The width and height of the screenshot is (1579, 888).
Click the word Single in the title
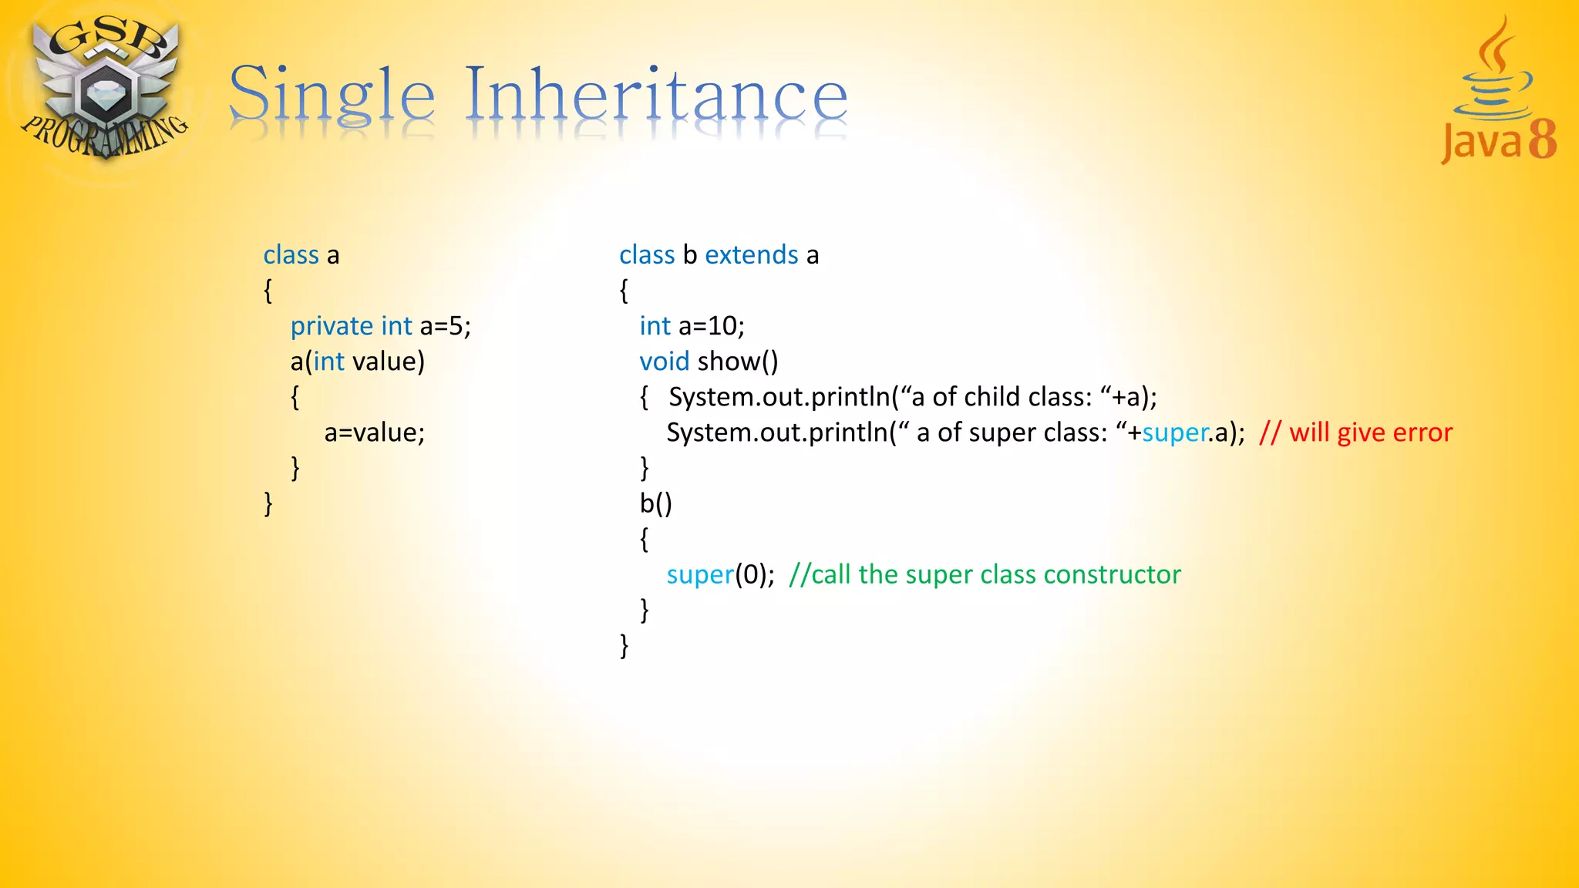point(332,96)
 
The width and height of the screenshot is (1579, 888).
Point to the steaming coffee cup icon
point(1494,73)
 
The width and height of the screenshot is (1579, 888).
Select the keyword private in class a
point(332,326)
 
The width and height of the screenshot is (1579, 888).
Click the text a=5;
point(445,326)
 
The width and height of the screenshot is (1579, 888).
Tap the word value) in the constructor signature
point(389,362)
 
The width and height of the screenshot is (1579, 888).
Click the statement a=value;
point(374,432)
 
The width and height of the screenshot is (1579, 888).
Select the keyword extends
point(751,255)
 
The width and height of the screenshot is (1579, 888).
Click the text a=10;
point(711,326)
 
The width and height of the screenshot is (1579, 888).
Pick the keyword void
point(664,362)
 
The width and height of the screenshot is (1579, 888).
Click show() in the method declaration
point(738,362)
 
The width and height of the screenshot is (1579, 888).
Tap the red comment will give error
point(1370,432)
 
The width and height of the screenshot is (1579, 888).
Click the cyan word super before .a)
point(1175,433)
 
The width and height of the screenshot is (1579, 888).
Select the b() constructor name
point(655,503)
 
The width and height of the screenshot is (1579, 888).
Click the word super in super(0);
point(699,575)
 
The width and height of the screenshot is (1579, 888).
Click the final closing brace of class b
point(624,645)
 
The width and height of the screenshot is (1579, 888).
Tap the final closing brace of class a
point(268,503)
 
